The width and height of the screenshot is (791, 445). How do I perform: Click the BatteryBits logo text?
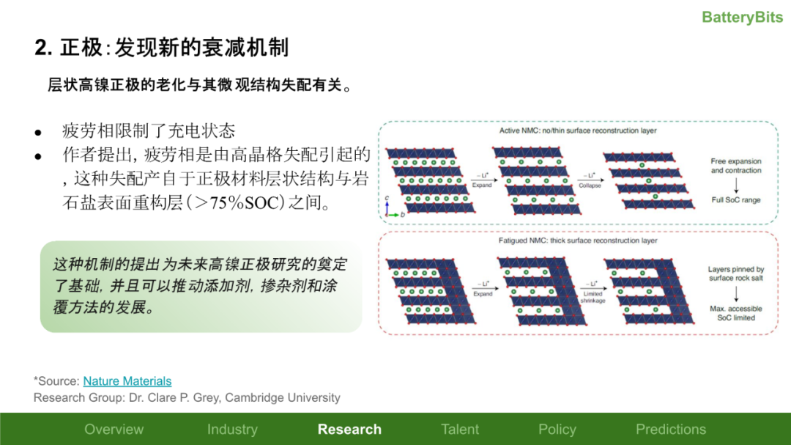(742, 17)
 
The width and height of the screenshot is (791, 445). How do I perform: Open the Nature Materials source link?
(127, 381)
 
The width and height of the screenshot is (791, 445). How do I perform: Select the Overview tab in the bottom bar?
(114, 430)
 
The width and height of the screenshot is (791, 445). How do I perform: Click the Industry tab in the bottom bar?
(232, 430)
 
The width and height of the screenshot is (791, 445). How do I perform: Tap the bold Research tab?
(349, 430)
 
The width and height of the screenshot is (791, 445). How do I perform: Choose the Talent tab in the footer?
(460, 430)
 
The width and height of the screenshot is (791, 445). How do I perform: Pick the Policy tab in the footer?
(557, 430)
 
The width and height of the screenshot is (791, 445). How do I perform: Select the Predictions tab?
(671, 430)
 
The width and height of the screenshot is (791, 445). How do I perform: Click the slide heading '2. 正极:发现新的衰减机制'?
(162, 48)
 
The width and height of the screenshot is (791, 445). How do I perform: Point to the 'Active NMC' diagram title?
(578, 130)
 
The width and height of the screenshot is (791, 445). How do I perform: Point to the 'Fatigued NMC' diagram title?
(578, 240)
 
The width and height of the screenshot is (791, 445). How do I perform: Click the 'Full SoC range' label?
(736, 199)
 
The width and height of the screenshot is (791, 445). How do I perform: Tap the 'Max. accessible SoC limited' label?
(736, 313)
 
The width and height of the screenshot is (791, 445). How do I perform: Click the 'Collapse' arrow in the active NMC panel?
(590, 180)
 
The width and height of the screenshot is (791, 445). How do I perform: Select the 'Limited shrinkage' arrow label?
(593, 297)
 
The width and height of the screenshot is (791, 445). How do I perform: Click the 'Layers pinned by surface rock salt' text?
(736, 273)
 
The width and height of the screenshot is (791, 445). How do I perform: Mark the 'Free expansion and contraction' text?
(736, 166)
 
